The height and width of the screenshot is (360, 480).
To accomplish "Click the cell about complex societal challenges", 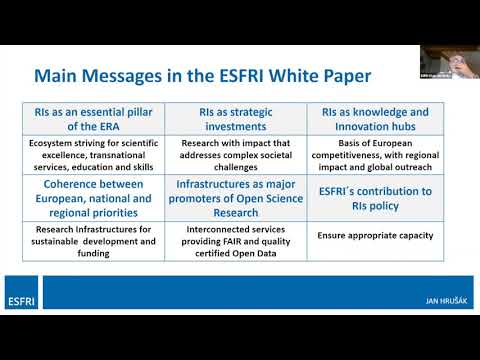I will [x=236, y=155].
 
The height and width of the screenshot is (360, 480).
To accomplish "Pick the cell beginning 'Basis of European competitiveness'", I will [x=377, y=155].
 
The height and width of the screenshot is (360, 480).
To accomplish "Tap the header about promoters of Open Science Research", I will [x=236, y=198].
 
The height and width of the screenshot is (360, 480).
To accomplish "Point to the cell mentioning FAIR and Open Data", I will [x=236, y=241].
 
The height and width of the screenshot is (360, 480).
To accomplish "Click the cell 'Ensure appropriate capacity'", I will [x=375, y=235].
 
